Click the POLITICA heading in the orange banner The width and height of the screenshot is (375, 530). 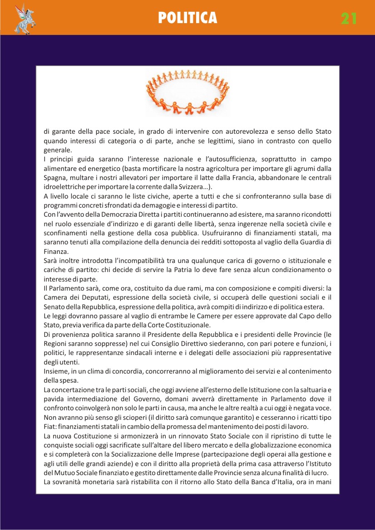187,18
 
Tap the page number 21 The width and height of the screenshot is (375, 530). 349,18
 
